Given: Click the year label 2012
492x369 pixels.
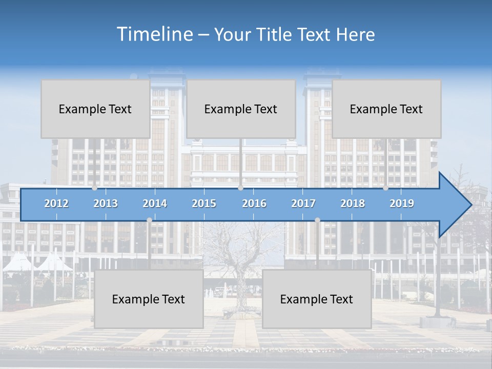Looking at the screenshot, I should [56, 203].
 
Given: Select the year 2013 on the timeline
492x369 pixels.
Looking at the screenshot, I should [106, 203].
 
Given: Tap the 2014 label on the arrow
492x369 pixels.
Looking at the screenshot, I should [155, 203].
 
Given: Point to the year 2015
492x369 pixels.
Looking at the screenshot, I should [204, 203].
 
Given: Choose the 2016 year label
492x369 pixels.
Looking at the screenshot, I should [254, 203].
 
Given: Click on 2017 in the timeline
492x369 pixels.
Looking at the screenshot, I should [303, 203].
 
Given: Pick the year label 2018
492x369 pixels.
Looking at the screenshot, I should [353, 203].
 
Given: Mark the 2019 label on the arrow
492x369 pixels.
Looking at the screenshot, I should [402, 203].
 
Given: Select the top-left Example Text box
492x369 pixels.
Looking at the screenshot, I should [95, 109].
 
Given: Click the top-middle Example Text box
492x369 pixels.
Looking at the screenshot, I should [241, 109].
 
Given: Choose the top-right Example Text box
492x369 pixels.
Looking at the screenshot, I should [386, 109].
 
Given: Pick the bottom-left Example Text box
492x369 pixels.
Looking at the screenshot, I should [149, 299].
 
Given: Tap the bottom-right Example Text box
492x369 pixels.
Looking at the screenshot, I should [317, 299].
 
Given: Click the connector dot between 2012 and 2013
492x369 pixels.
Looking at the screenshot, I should [95, 188].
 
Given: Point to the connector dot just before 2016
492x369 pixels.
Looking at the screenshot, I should [240, 188].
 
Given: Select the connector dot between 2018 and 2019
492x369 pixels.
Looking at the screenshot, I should [386, 188].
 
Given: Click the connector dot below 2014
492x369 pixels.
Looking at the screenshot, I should [149, 220].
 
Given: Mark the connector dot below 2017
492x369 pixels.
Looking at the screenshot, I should [317, 220].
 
